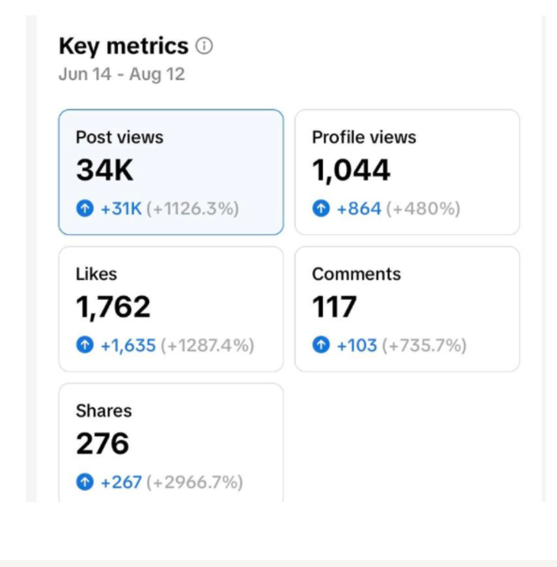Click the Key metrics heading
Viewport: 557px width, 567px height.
[124, 47]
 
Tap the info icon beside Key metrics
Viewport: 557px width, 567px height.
[204, 46]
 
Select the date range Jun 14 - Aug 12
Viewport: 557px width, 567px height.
[122, 74]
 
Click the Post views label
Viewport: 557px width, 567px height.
[120, 137]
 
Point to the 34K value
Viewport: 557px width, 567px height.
[105, 170]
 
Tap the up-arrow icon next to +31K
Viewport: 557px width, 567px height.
[85, 208]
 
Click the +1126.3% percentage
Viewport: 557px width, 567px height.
[193, 209]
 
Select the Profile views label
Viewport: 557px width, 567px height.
[364, 137]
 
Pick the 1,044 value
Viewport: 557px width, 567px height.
[351, 170]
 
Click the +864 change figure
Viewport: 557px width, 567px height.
[359, 209]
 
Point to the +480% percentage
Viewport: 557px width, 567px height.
[424, 209]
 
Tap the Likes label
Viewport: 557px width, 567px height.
[97, 274]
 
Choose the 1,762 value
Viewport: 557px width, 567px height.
[114, 308]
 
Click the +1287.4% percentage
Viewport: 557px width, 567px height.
[208, 345]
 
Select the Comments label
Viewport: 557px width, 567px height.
[357, 274]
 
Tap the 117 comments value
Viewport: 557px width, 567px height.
[335, 307]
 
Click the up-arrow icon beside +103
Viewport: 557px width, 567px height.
[321, 345]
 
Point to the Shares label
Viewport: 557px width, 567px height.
[104, 410]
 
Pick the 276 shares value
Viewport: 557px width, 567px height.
[103, 443]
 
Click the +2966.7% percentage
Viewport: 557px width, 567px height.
[195, 482]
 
